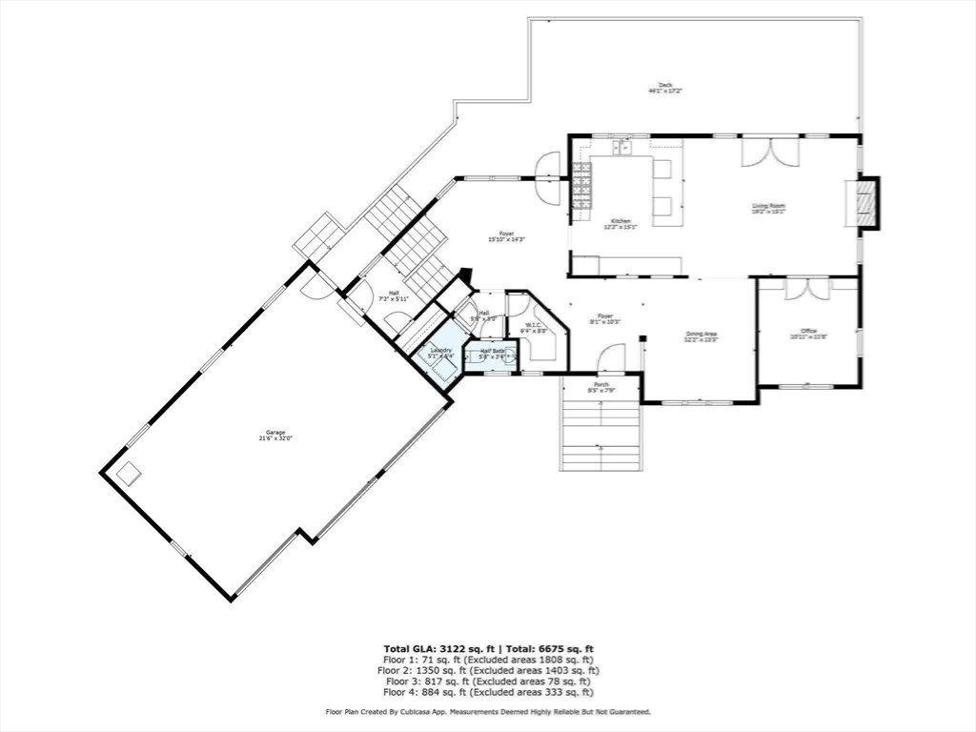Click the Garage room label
point(275,436)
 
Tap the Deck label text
point(665,88)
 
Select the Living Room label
point(768,209)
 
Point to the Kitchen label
point(620,224)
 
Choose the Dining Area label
point(701,337)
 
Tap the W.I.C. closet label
point(532,328)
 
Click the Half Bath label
point(492,354)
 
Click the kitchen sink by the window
point(622,148)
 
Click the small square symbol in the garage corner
point(129,474)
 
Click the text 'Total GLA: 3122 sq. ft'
point(435,649)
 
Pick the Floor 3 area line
point(488,681)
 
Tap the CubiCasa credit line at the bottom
point(488,712)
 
